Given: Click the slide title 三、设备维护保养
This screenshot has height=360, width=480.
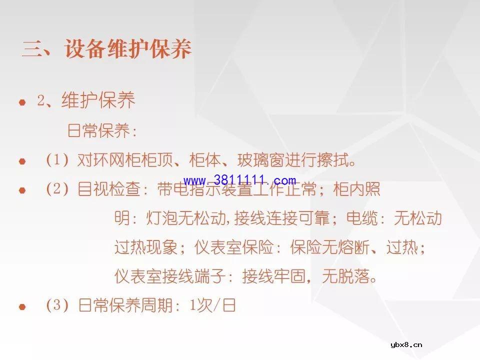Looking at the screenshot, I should (106, 50).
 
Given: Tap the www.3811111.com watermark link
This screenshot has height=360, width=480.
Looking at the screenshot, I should (240, 180).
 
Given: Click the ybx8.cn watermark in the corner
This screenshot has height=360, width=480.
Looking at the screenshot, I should (406, 344).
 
